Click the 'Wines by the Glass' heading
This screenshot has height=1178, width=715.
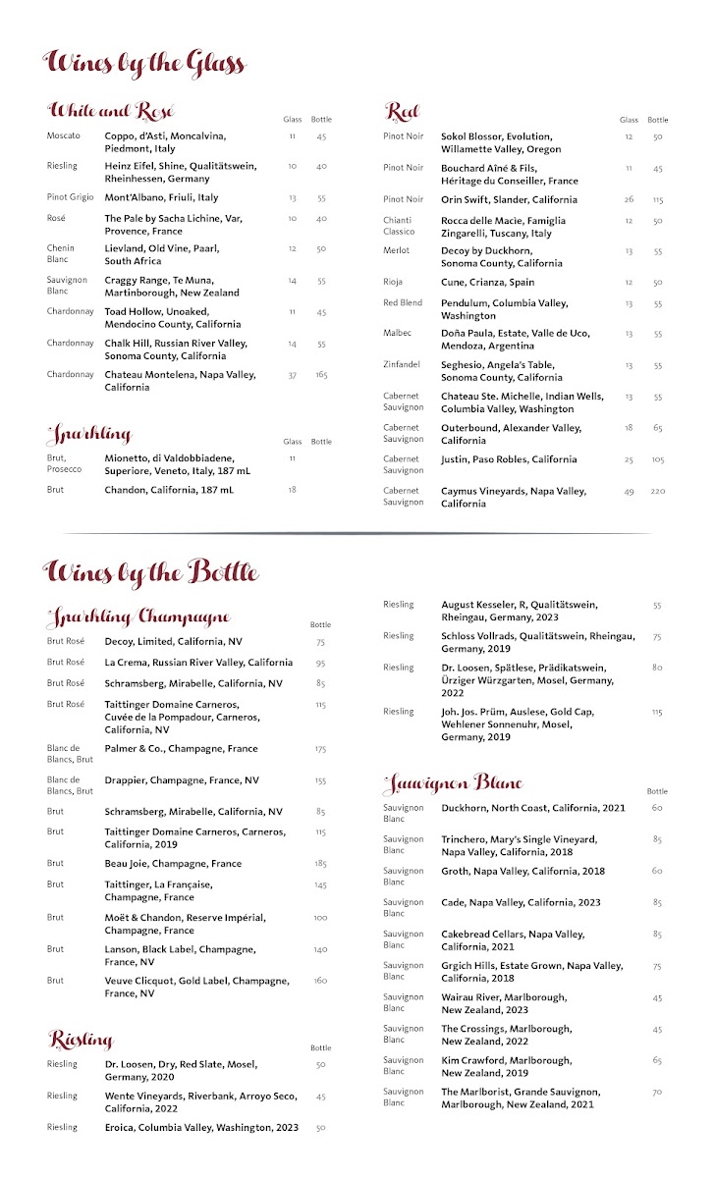[x=144, y=64]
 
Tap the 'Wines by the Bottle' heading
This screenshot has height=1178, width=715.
[x=151, y=571]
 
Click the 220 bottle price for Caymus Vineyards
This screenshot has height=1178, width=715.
[x=657, y=491]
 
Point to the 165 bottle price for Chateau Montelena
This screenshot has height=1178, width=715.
[x=320, y=374]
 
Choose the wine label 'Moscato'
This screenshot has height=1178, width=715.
[x=64, y=135]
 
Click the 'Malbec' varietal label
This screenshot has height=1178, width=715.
[x=398, y=333]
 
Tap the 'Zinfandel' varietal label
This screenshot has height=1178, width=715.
[x=402, y=364]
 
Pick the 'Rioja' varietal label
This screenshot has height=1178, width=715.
[x=393, y=282]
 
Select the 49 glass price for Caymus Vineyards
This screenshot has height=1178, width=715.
[x=629, y=491]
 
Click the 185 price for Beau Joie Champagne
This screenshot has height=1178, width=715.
[x=320, y=863]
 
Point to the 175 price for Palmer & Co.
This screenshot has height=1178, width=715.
[x=320, y=748]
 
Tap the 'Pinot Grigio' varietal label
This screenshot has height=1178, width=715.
[x=70, y=197]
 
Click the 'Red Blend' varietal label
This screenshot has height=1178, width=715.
[x=403, y=302]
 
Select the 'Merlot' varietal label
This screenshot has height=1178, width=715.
[x=397, y=250]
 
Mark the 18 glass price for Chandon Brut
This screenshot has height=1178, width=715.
[x=292, y=489]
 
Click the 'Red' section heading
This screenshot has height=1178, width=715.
[x=403, y=111]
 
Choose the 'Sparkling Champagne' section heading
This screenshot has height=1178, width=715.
[x=138, y=617]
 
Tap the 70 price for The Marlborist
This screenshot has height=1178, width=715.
[x=657, y=1091]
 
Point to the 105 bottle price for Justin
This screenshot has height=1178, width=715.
[x=657, y=459]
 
